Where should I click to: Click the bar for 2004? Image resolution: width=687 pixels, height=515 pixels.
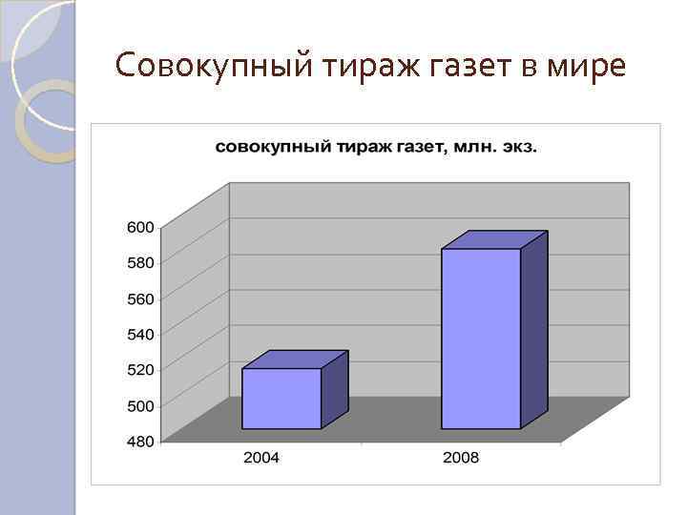click(281, 398)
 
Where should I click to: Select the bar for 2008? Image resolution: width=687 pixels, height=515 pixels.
click(481, 339)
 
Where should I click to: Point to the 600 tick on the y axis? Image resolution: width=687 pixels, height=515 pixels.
click(140, 227)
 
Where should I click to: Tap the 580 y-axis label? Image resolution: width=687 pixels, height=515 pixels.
click(140, 261)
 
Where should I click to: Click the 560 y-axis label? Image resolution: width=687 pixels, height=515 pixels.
click(140, 299)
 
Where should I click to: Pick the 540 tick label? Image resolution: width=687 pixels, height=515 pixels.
click(140, 334)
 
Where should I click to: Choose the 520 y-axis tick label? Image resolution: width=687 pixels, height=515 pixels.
click(140, 369)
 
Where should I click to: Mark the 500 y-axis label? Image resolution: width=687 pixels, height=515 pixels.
click(140, 405)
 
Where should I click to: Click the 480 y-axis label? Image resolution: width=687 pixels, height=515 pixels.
click(140, 441)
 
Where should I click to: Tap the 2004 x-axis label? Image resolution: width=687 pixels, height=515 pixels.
click(261, 458)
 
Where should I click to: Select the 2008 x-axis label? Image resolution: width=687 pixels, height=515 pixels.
click(461, 458)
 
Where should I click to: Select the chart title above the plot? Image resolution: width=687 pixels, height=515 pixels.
click(376, 147)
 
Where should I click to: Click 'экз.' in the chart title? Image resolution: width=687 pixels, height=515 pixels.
click(518, 147)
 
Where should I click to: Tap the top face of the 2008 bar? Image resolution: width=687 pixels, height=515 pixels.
click(494, 239)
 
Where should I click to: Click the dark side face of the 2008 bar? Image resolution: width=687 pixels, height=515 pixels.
click(533, 329)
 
